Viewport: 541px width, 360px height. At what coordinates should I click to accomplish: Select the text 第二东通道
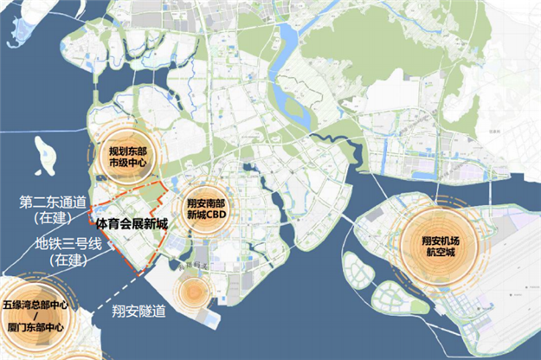click(x=52, y=202)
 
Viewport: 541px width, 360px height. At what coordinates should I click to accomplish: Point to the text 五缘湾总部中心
click(x=35, y=305)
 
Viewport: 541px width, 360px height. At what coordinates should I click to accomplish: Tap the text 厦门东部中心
click(x=35, y=329)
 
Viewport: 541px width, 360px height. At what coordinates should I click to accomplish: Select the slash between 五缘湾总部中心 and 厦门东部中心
click(x=35, y=317)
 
